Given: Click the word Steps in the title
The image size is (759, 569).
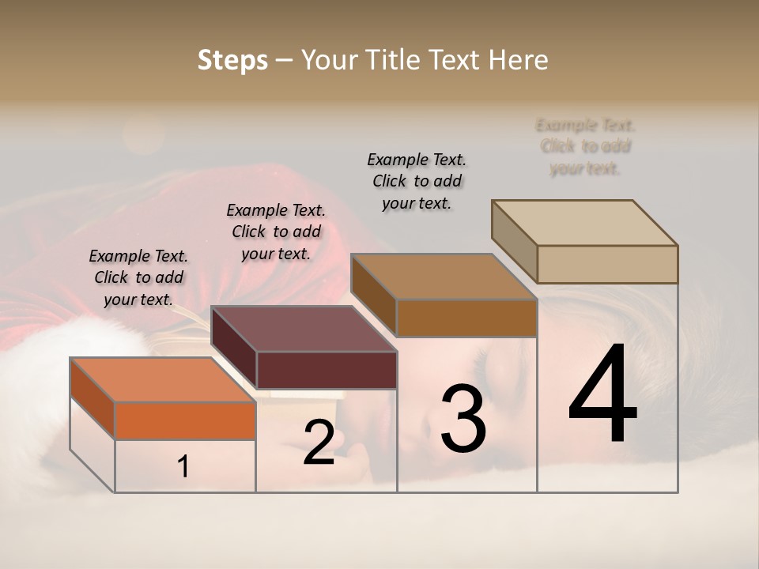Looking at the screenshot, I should click(232, 60).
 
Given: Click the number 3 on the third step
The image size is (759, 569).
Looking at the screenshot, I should click(463, 419).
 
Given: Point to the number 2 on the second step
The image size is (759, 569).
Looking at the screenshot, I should click(319, 443).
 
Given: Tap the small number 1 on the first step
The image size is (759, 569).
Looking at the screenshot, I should click(183, 467).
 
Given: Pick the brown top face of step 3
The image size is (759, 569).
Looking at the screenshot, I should click(443, 277).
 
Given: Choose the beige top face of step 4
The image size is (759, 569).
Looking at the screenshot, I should click(584, 223).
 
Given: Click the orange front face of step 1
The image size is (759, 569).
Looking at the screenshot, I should click(185, 420).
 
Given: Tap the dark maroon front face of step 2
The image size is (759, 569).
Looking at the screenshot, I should click(327, 370).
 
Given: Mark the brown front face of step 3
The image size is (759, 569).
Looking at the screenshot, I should click(466, 318).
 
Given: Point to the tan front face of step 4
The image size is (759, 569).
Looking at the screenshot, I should click(607, 264).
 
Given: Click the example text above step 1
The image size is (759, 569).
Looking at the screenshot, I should click(138, 277).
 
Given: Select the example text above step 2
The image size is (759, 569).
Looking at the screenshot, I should click(276, 232).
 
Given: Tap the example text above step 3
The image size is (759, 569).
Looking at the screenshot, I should click(417, 181).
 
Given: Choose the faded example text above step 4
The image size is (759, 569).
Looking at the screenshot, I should click(585, 146).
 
